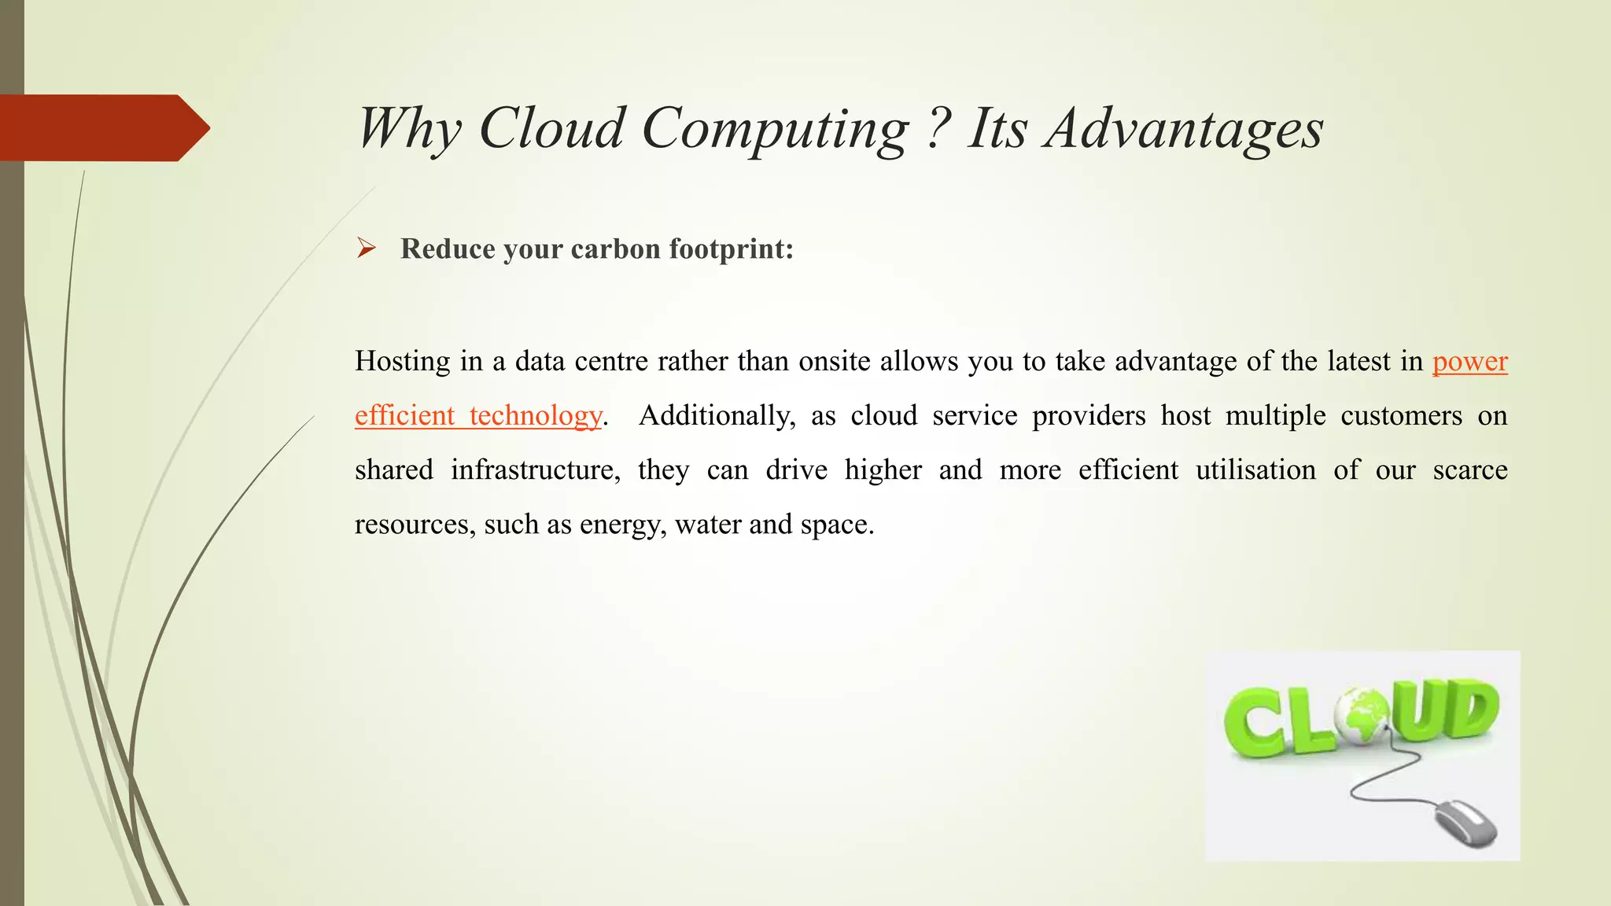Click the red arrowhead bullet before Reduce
(x=366, y=249)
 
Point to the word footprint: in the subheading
(x=731, y=249)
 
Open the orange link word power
(x=1469, y=361)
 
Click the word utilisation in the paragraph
(x=1255, y=470)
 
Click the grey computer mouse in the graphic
(x=1465, y=824)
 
